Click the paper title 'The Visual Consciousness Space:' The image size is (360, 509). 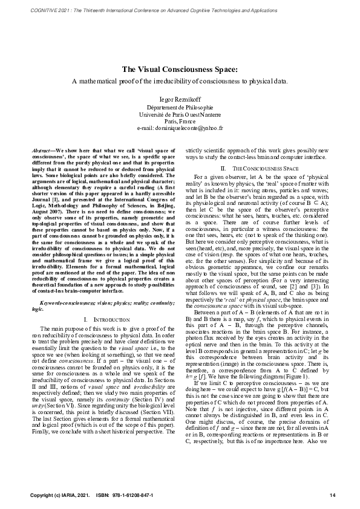pyautogui.click(x=180, y=69)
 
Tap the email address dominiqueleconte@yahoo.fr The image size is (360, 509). pyautogui.click(x=180, y=128)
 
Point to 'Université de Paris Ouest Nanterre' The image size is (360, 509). pyautogui.click(x=180, y=112)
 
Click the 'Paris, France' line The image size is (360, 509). pyautogui.click(x=180, y=120)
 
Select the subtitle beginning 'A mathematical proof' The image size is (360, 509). pyautogui.click(x=180, y=80)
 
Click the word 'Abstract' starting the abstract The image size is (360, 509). pyautogui.click(x=42, y=149)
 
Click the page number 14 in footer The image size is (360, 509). pyautogui.click(x=332, y=496)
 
